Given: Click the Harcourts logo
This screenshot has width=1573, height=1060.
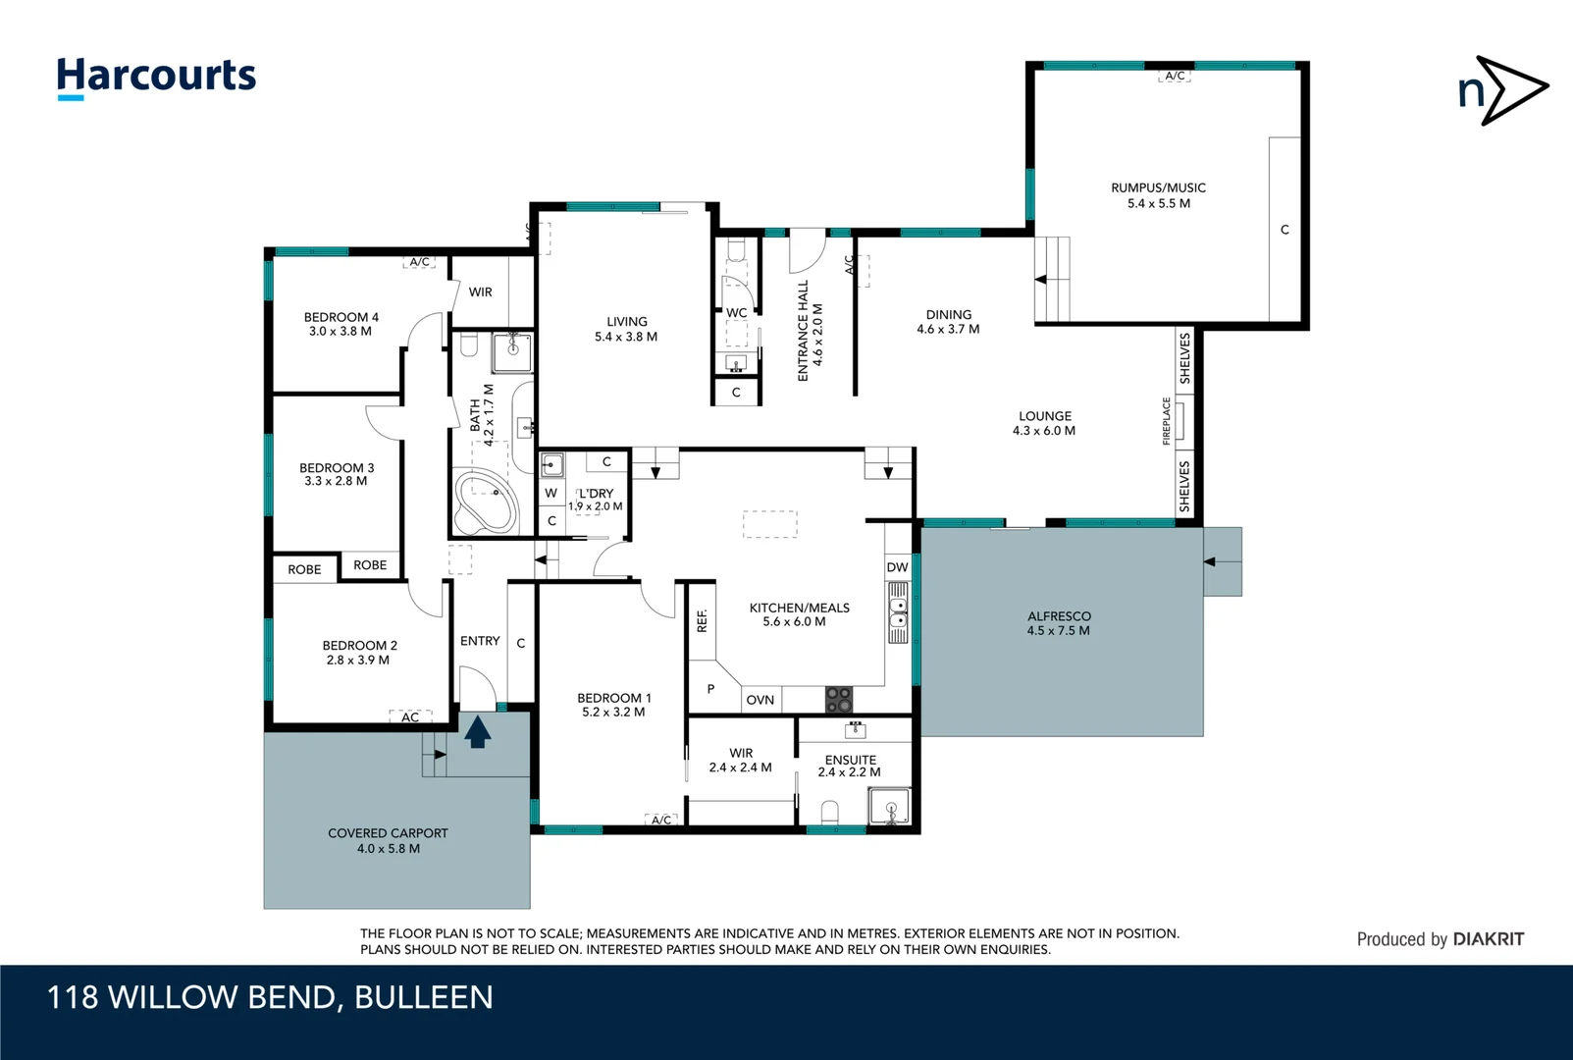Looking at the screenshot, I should pyautogui.click(x=156, y=77).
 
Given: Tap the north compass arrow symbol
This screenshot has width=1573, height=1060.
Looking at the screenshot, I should pyautogui.click(x=1502, y=90).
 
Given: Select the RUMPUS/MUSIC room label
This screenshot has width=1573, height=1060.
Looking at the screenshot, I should pyautogui.click(x=1158, y=195).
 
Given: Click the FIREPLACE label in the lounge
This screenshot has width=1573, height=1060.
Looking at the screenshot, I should pyautogui.click(x=1167, y=421).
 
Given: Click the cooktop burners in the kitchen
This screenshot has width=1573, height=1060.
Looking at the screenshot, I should pyautogui.click(x=839, y=699).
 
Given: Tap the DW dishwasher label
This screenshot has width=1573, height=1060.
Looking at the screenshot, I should pyautogui.click(x=897, y=567).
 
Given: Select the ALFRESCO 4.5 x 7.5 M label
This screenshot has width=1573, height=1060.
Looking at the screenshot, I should pyautogui.click(x=1058, y=623).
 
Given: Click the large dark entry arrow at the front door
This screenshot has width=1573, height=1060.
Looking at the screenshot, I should pyautogui.click(x=477, y=732).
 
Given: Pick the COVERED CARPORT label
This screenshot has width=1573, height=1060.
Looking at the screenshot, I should pyautogui.click(x=388, y=840).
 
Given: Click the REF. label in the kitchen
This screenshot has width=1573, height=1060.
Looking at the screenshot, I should pyautogui.click(x=702, y=620).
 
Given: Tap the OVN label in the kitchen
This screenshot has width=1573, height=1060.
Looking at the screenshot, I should pyautogui.click(x=760, y=700).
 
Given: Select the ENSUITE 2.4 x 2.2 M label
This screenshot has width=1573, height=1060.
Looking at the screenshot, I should pyautogui.click(x=850, y=766).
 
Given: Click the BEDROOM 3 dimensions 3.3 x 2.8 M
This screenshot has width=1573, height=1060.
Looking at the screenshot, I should pyautogui.click(x=336, y=482).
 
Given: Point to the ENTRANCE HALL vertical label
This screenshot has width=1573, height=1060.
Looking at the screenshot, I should pyautogui.click(x=810, y=330).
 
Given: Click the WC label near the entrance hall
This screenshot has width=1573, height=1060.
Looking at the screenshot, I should pyautogui.click(x=736, y=313).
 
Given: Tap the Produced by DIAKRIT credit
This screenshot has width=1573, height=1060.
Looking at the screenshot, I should pyautogui.click(x=1440, y=939).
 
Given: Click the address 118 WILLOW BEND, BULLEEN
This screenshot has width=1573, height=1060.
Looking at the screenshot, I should pyautogui.click(x=270, y=997).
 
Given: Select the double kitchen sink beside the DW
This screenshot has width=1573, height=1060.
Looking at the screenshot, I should pyautogui.click(x=898, y=612).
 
